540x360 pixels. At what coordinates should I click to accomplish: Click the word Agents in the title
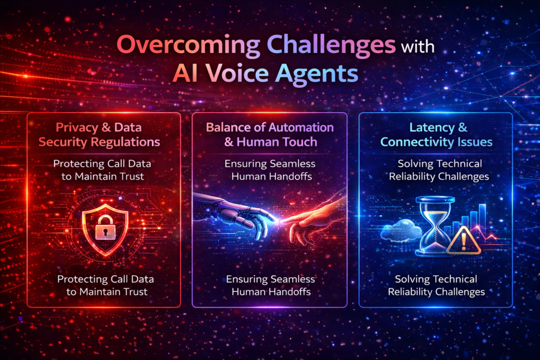pos(318,74)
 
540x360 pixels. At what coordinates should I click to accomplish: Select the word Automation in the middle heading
pos(304,128)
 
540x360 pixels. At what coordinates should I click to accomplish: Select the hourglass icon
pos(435,226)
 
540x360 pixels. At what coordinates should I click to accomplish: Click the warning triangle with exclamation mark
pos(464,241)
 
